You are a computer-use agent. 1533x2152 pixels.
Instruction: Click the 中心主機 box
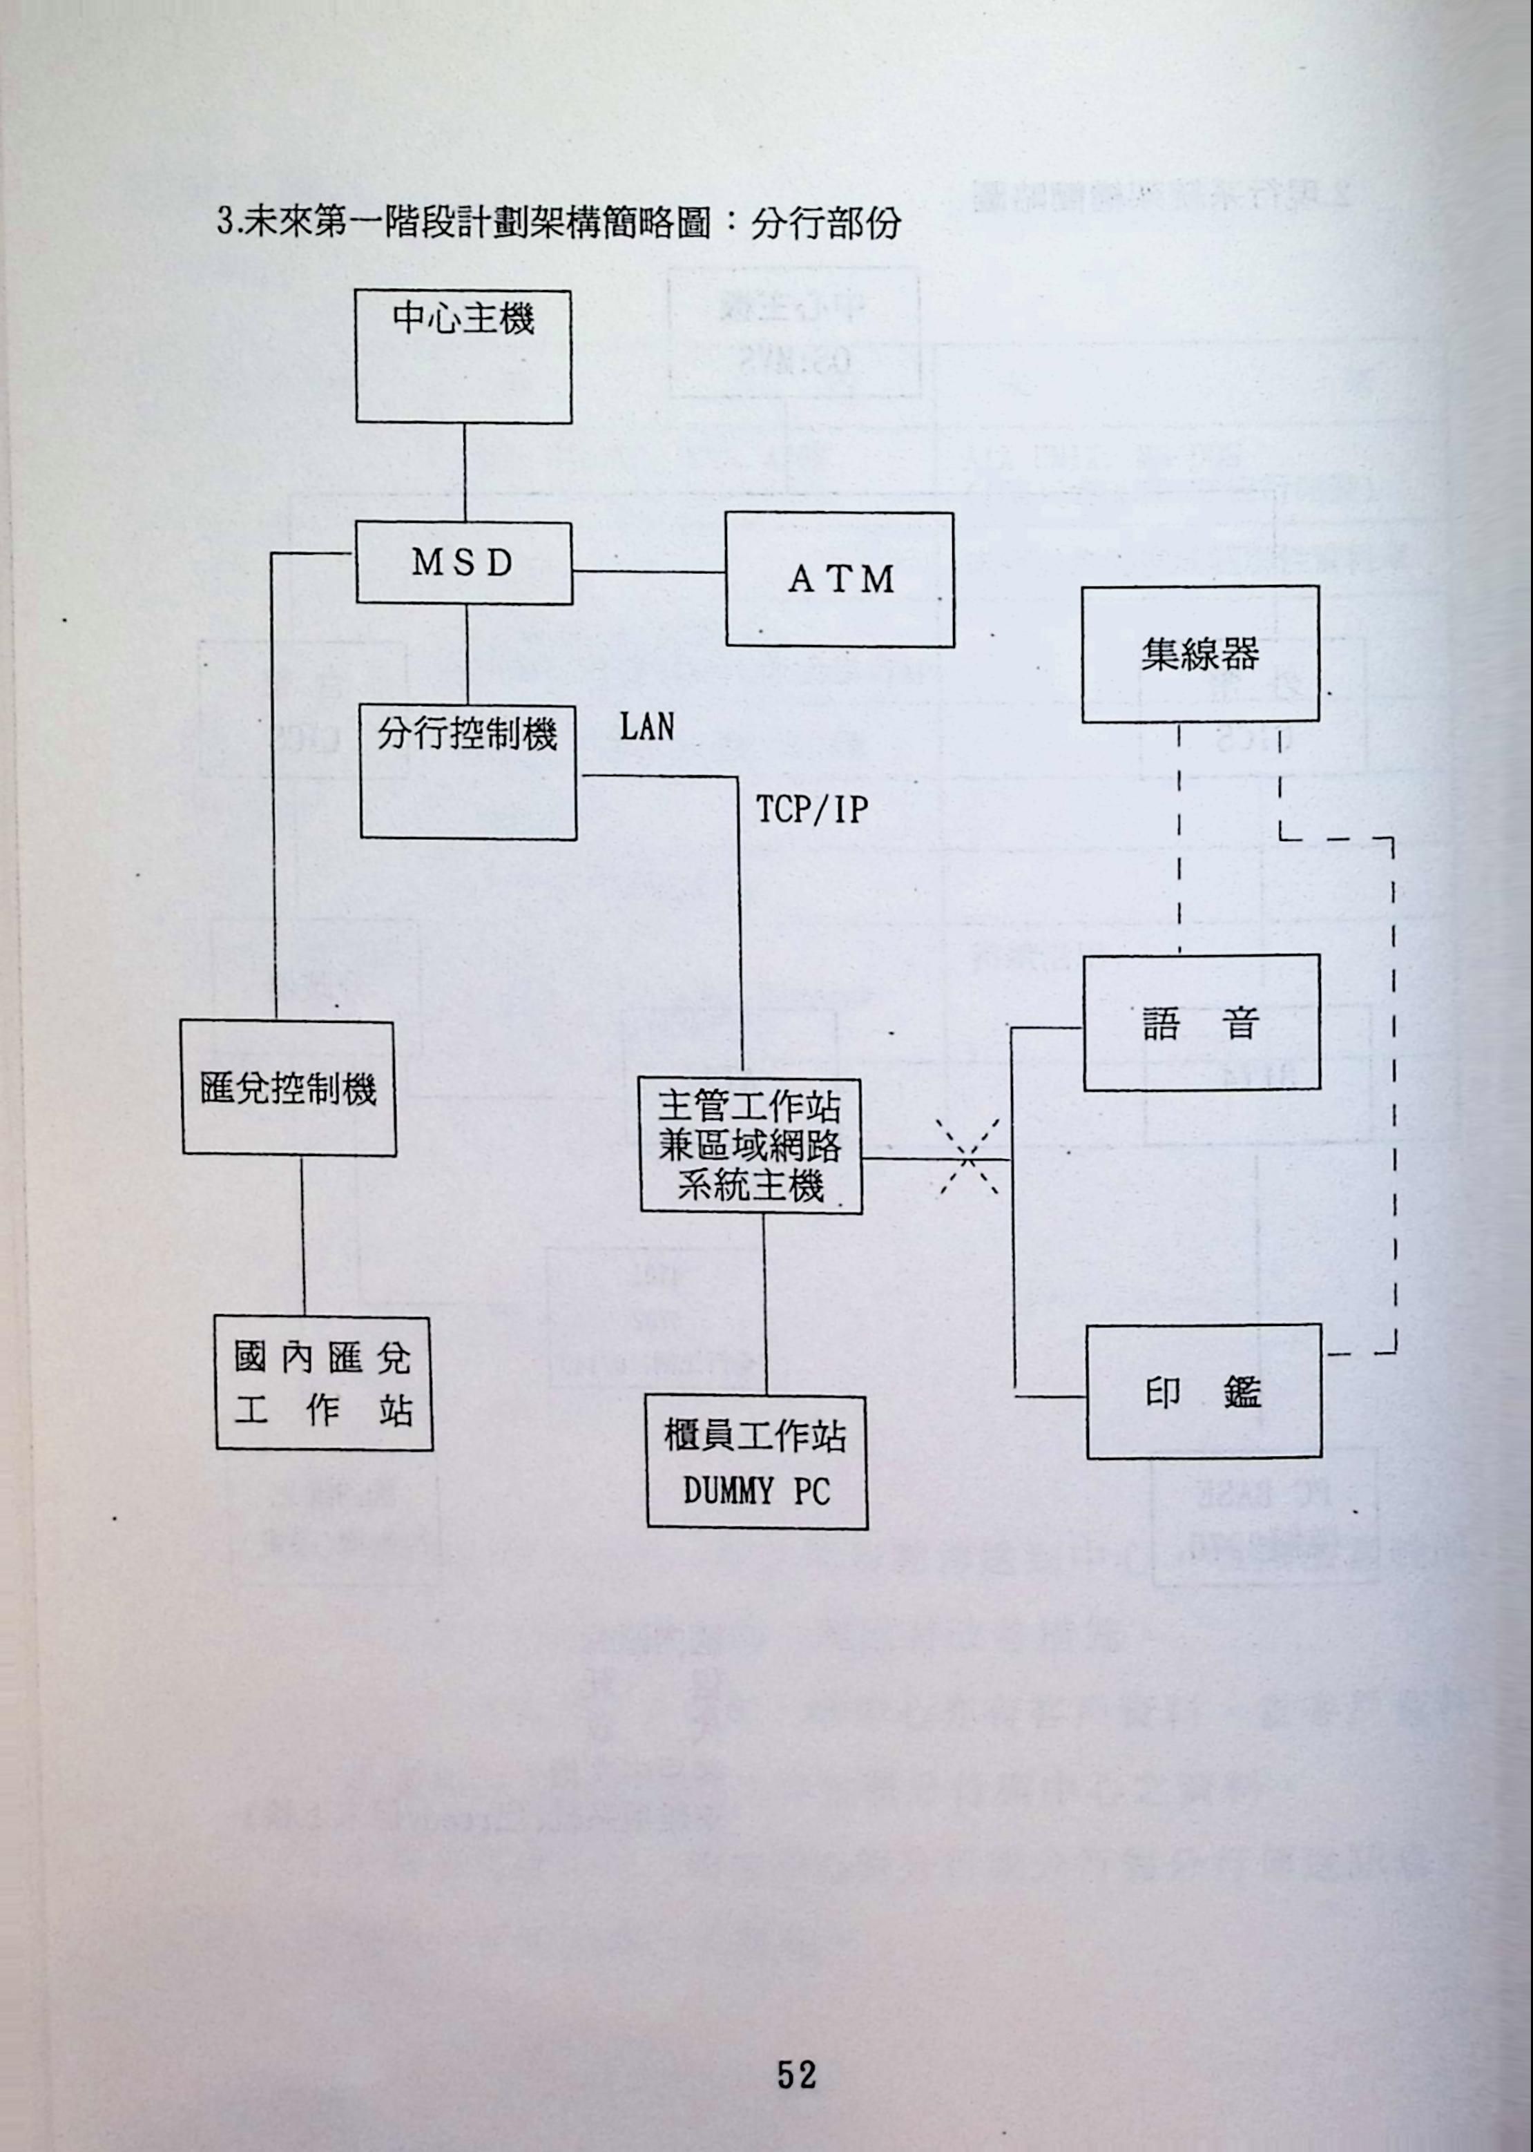[463, 357]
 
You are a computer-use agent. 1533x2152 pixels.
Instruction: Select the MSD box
[463, 564]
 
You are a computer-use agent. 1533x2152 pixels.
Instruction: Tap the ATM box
[839, 579]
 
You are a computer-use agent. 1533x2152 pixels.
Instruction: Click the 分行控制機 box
[468, 772]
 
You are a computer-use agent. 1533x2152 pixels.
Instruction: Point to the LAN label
[646, 727]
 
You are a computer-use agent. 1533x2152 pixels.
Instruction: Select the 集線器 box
[1199, 654]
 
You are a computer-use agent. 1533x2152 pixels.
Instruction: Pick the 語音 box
[1201, 1023]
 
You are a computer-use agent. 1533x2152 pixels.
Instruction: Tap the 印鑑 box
[1204, 1392]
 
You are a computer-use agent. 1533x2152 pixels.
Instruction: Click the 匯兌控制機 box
[289, 1088]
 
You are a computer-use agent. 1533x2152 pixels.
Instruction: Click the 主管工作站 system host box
[751, 1146]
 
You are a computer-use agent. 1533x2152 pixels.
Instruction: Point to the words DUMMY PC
[756, 1491]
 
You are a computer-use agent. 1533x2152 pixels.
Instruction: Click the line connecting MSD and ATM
[648, 571]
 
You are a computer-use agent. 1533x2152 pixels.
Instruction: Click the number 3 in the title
[224, 223]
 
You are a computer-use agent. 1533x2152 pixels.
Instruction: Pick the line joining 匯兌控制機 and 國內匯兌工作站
[303, 1236]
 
